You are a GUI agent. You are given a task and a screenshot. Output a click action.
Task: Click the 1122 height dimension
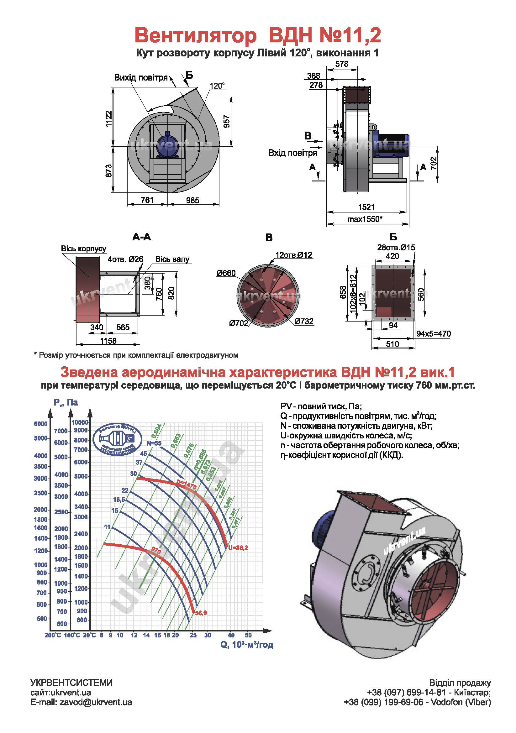(x=109, y=119)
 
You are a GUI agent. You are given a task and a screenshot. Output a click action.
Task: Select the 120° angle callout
(x=217, y=86)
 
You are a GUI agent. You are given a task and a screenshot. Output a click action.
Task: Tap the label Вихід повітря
(x=141, y=78)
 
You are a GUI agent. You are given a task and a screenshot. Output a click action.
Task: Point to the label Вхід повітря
(x=292, y=153)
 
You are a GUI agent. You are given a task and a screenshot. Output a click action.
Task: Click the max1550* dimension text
(x=365, y=219)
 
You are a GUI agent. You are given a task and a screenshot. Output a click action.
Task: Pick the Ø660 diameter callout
(x=226, y=273)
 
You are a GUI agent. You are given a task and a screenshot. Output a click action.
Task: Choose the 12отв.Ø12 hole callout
(x=293, y=255)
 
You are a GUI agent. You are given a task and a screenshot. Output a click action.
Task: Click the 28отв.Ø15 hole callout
(x=396, y=248)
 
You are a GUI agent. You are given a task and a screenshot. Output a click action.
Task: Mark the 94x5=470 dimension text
(x=433, y=334)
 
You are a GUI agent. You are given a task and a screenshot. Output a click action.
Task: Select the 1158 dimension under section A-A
(x=108, y=341)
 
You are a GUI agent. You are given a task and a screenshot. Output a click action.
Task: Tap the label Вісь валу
(x=172, y=259)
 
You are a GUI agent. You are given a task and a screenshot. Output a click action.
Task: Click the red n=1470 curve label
(x=187, y=484)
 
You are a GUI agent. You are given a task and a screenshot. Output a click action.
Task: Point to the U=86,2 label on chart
(x=238, y=548)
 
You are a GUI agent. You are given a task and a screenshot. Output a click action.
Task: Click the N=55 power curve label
(x=154, y=443)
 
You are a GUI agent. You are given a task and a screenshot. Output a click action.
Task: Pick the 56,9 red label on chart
(x=201, y=613)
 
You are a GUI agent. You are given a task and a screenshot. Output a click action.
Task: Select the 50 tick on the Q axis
(x=248, y=635)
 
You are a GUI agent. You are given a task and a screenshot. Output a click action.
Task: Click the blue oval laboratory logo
(x=118, y=439)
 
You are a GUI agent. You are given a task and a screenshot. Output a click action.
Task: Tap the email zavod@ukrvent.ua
(x=81, y=702)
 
